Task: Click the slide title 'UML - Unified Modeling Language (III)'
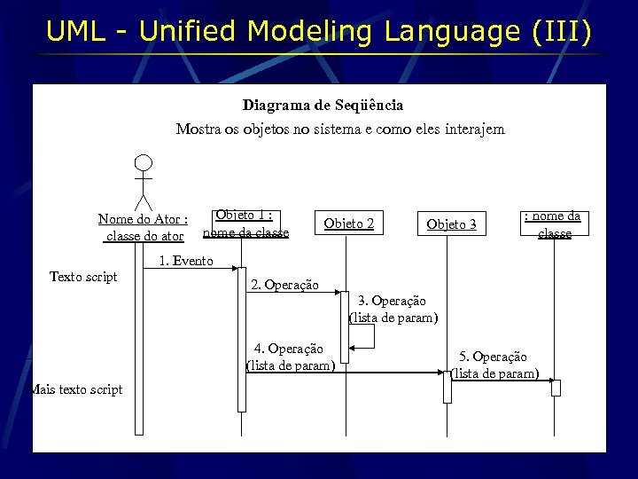[x=318, y=32]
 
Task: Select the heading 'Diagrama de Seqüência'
[x=323, y=106]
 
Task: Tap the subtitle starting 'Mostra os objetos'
[x=339, y=130]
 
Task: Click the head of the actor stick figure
[x=143, y=164]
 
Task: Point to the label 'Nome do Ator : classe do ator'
[x=143, y=227]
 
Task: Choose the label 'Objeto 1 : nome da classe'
[x=245, y=224]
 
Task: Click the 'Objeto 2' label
[x=348, y=224]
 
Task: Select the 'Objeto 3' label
[x=451, y=224]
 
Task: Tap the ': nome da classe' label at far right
[x=554, y=224]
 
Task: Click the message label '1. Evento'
[x=185, y=261]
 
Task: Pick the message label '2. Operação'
[x=284, y=285]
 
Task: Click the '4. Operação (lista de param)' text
[x=289, y=357]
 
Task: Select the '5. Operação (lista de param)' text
[x=494, y=365]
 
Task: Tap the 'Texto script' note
[x=83, y=277]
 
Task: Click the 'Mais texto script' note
[x=76, y=389]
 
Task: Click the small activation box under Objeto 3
[x=447, y=387]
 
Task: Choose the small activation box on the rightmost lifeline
[x=556, y=387]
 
